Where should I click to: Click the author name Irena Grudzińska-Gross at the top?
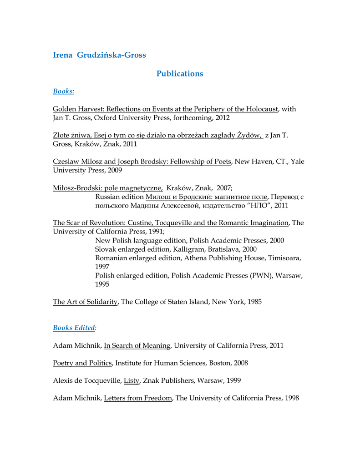99,55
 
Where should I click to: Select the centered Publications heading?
180,73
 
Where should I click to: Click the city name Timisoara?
284,258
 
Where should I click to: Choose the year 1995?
103,284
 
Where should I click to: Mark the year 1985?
253,302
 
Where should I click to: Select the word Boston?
215,363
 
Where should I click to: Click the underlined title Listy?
132,380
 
